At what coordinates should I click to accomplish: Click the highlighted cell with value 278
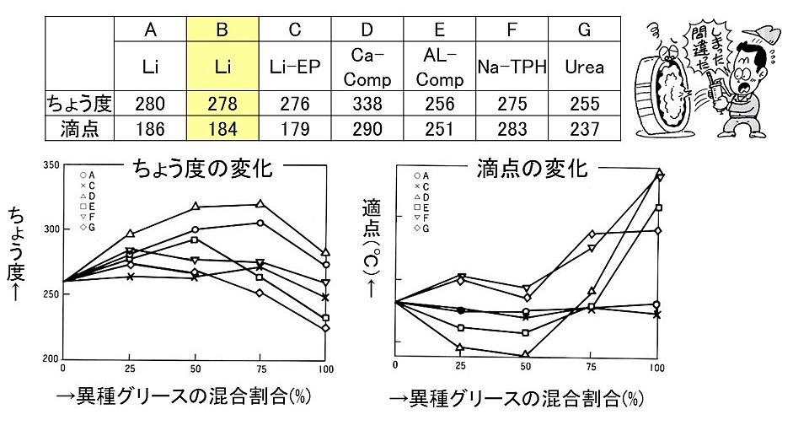click(x=222, y=104)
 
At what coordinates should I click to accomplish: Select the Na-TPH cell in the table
click(x=510, y=67)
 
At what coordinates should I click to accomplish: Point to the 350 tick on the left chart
click(x=50, y=165)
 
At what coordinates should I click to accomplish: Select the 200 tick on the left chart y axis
click(x=50, y=359)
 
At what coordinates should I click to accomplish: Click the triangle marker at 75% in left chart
click(x=260, y=204)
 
